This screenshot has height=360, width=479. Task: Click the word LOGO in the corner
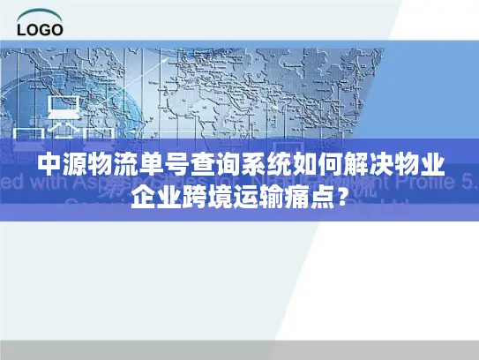[x=40, y=29]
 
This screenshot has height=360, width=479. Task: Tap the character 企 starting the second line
[x=143, y=196]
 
